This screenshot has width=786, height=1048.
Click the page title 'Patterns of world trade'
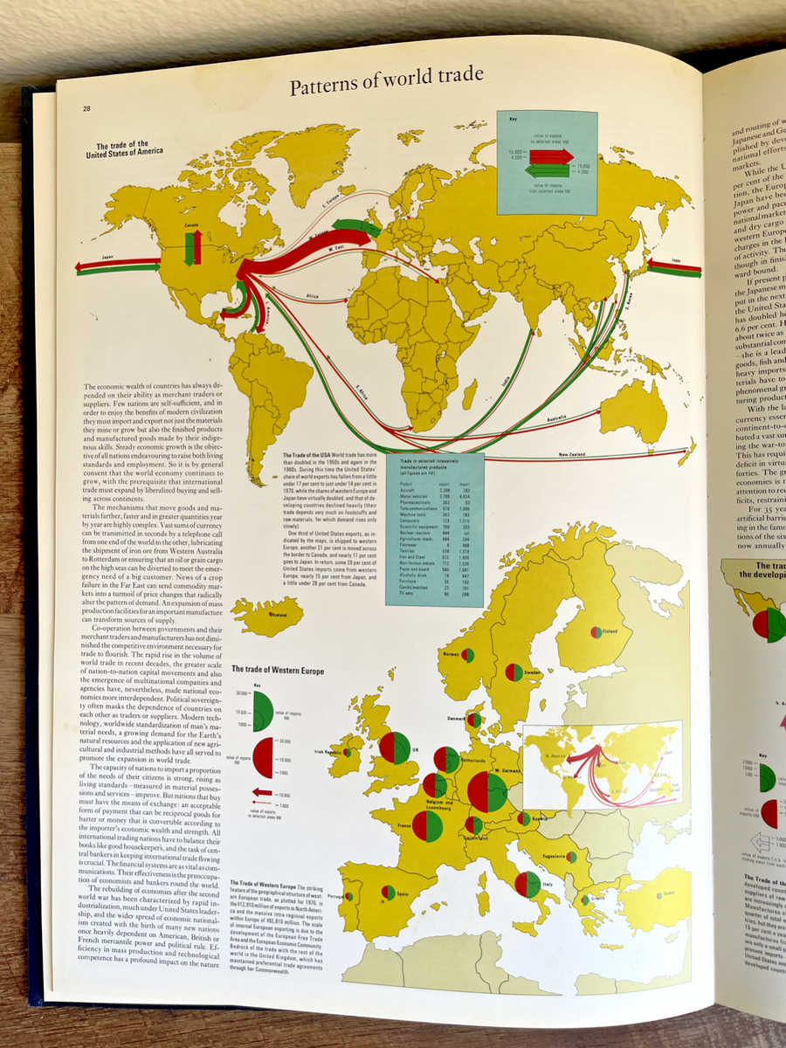pos(386,87)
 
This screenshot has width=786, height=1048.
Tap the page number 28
pos(87,109)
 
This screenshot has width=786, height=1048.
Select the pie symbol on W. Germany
pos(487,791)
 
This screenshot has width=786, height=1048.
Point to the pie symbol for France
pos(427,825)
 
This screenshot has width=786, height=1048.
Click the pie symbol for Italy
pos(527,885)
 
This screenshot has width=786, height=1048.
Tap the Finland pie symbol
pos(596,631)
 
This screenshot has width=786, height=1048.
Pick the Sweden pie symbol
pos(514,672)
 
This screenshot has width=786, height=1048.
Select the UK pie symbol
pos(395,748)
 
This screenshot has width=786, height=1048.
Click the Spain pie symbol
pos(388,892)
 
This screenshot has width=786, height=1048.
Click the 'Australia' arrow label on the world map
pos(555,419)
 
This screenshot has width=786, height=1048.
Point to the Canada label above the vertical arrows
pos(191,224)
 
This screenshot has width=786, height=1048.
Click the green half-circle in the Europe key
pos(261,706)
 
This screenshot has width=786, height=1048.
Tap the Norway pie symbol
pos(468,655)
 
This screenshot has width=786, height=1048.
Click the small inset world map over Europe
pos(601,764)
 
